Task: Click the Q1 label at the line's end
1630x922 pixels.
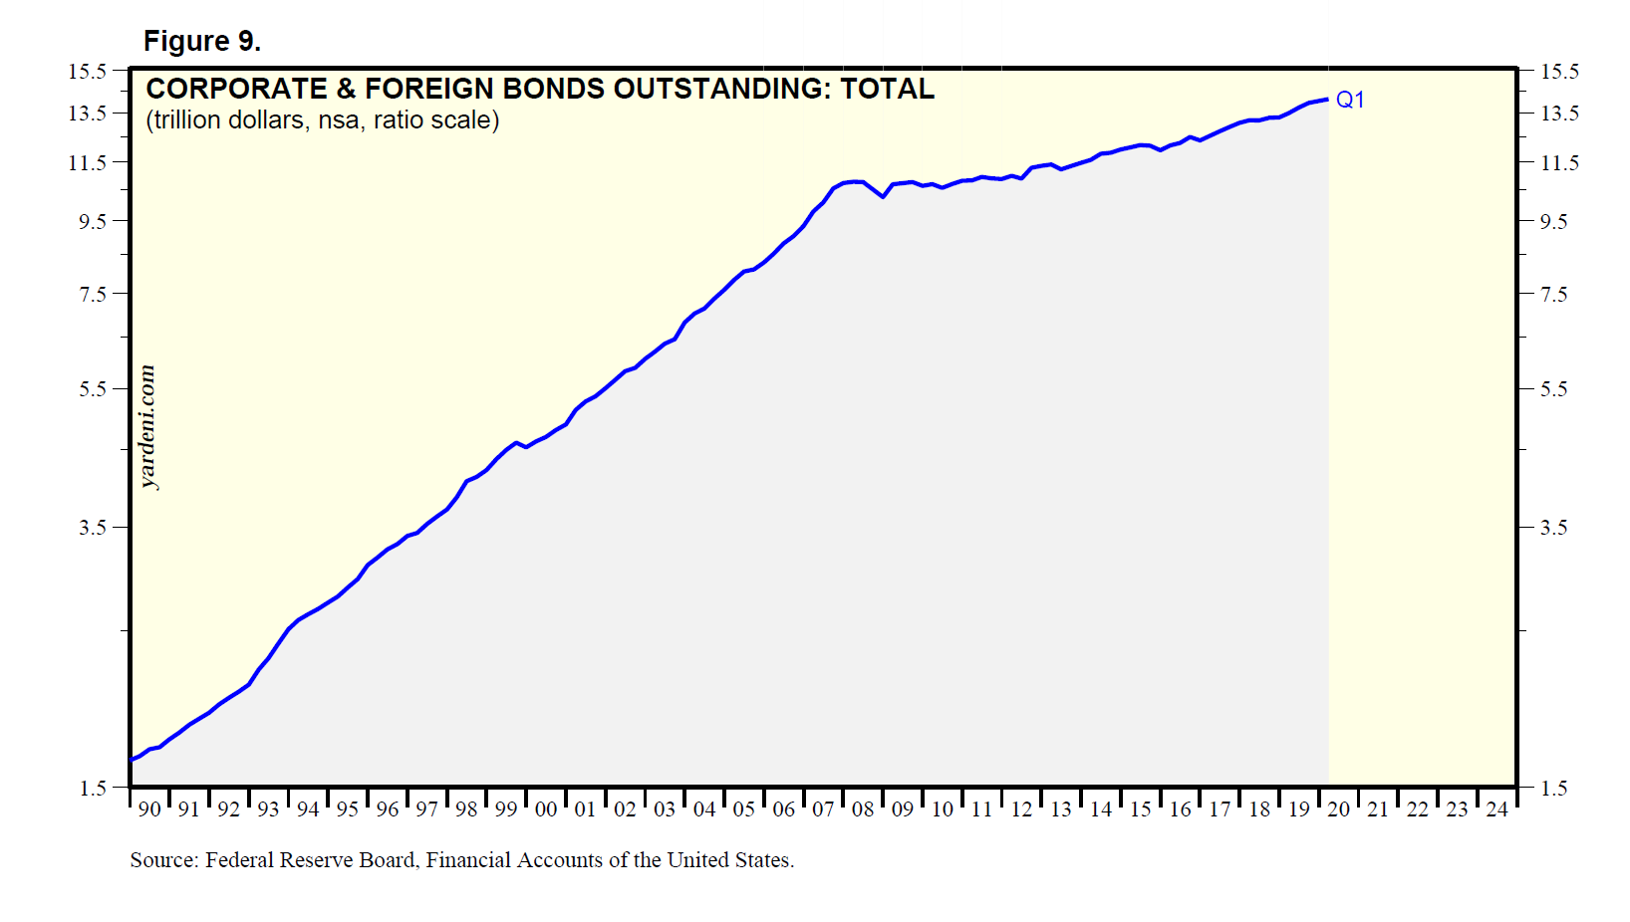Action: [1350, 100]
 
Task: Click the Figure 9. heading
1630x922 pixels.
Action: [202, 41]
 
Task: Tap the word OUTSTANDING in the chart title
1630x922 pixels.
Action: [721, 89]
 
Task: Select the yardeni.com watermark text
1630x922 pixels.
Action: [147, 427]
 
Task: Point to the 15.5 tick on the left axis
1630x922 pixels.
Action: [87, 72]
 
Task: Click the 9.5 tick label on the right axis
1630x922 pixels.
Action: [1553, 222]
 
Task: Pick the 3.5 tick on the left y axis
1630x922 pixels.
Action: [93, 528]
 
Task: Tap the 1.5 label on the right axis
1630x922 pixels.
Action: [1553, 789]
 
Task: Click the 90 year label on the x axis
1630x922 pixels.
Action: [149, 809]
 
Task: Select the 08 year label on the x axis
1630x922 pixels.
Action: [863, 809]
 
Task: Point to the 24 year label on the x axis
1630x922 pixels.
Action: [1496, 809]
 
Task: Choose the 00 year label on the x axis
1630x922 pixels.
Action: [546, 809]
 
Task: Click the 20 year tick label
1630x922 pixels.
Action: [1338, 809]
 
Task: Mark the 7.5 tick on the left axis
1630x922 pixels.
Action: [93, 295]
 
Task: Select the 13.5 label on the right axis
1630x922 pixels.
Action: [1559, 114]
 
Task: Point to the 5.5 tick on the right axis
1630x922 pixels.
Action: [1553, 389]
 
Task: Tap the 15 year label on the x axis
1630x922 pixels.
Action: [1140, 809]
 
